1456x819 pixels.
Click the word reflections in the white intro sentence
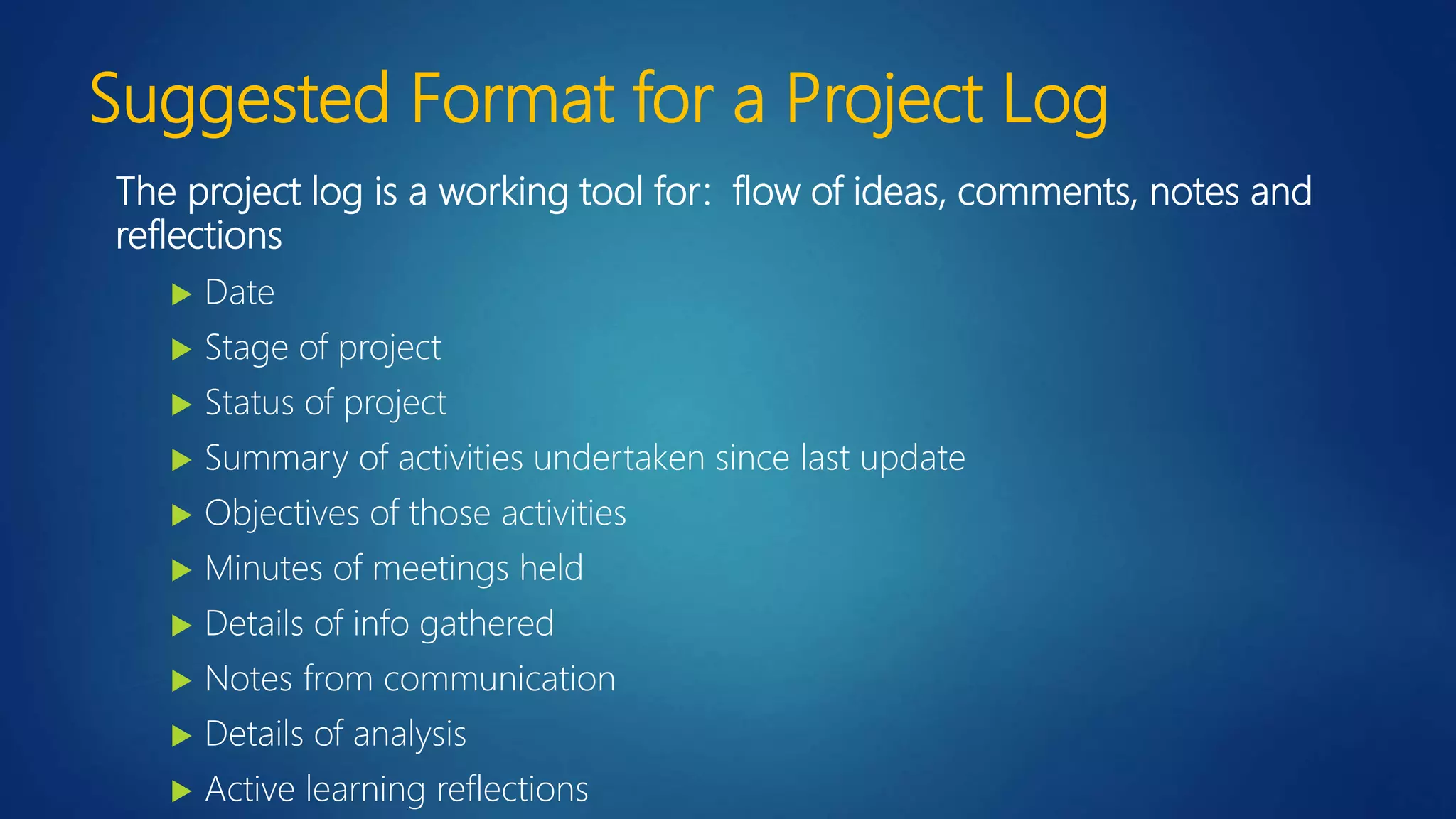pos(199,235)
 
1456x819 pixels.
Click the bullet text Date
pos(240,292)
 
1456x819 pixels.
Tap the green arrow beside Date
pos(182,294)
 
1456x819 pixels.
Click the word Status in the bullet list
pos(250,402)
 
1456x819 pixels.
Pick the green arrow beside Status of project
pos(182,405)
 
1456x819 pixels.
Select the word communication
pos(499,678)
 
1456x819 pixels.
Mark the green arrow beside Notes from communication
pos(182,680)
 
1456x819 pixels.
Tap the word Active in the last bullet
pos(250,789)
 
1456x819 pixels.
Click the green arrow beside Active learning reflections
pos(182,791)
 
